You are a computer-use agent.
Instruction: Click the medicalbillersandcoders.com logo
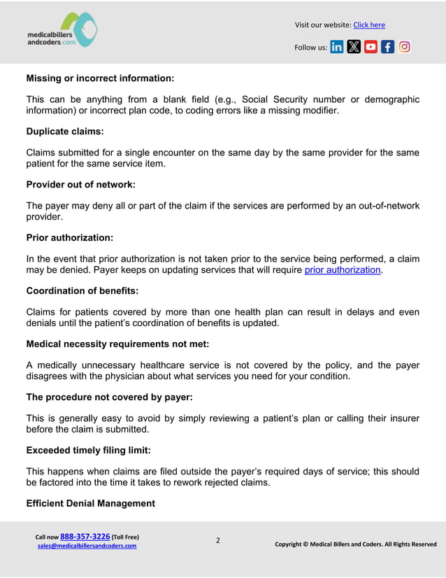[x=62, y=31]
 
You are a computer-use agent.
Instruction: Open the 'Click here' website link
[x=369, y=25]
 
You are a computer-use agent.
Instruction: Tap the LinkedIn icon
[x=337, y=48]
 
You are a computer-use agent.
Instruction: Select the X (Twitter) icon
[x=354, y=48]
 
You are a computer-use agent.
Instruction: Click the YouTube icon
[x=371, y=48]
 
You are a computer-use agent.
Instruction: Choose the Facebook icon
[x=387, y=48]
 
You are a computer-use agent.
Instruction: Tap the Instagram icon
[x=404, y=48]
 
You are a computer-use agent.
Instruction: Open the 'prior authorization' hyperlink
[x=343, y=269]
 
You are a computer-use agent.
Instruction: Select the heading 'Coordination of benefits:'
[x=82, y=290]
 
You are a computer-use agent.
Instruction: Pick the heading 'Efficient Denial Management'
[x=90, y=503]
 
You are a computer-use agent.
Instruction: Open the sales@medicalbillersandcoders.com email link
[x=87, y=546]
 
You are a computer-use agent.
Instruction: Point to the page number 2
[x=217, y=540]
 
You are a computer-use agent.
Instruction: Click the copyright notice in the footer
[x=355, y=544]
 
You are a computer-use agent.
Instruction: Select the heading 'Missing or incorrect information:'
[x=100, y=78]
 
